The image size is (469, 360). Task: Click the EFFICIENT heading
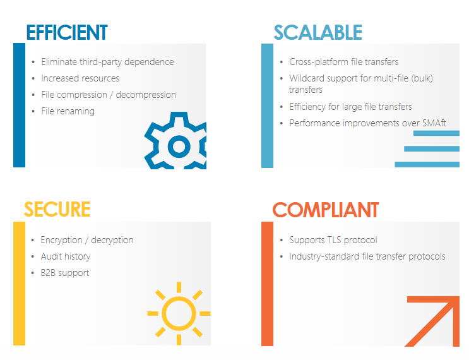pos(67,32)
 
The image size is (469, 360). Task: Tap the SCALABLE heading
pos(318,32)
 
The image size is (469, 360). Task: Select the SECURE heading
pos(57,209)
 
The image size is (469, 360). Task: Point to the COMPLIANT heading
pos(325,210)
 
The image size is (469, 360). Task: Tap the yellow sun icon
pos(179,313)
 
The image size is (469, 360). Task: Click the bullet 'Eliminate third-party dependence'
pos(107,62)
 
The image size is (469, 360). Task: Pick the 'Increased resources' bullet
pos(80,78)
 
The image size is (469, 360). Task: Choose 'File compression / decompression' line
pos(109,95)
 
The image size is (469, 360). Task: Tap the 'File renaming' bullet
pos(68,111)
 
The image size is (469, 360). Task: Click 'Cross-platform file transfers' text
pos(343,62)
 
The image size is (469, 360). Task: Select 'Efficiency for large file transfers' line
pos(350,107)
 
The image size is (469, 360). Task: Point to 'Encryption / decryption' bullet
pos(87,240)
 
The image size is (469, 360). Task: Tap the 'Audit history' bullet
pos(66,256)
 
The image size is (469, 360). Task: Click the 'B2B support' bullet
pos(65,273)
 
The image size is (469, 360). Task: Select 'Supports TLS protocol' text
pos(333,240)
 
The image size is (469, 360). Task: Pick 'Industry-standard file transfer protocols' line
pos(367,256)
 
